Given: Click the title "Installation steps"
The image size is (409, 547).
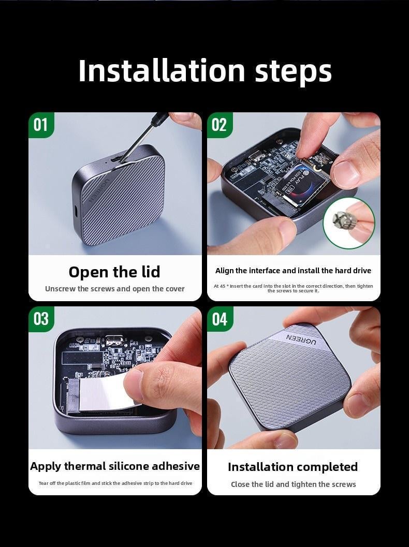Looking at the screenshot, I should tap(204, 71).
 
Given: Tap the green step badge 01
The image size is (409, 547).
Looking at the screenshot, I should tap(41, 125).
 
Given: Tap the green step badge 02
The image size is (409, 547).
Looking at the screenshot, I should tap(220, 125).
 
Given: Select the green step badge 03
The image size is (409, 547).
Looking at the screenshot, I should tap(41, 319).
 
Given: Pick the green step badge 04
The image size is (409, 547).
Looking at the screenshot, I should tap(220, 319).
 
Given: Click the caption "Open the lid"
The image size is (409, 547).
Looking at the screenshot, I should tap(114, 272).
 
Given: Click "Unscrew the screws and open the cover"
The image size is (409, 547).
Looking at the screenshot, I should tap(114, 289).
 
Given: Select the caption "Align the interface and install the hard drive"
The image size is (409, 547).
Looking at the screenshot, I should tap(293, 271).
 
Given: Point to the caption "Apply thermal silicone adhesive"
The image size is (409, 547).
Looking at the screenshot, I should tap(115, 466).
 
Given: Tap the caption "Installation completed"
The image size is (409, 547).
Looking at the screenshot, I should tap(293, 467).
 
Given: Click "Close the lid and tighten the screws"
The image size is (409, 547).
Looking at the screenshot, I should tap(293, 484).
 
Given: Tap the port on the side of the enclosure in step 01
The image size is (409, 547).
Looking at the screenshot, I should tap(76, 211).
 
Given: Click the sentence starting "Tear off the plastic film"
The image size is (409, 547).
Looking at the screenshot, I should tap(115, 483).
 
